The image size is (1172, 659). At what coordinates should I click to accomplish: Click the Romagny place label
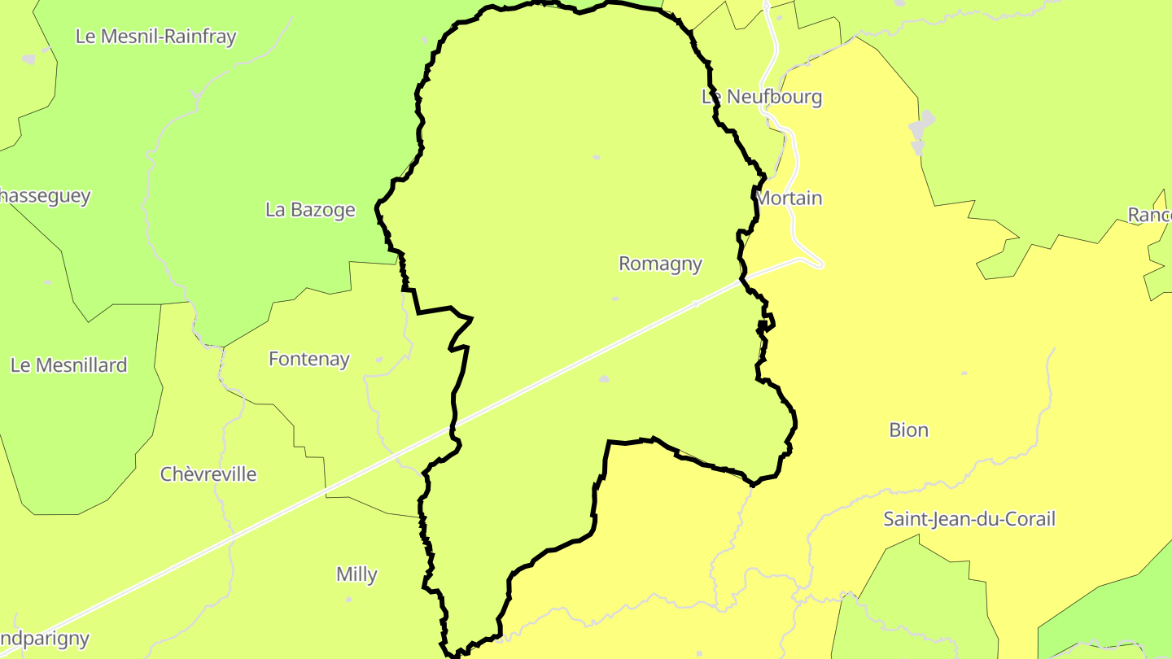[x=660, y=264]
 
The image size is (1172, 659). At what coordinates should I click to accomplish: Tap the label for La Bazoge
[x=310, y=210]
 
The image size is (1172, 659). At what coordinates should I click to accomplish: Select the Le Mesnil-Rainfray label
[x=155, y=37]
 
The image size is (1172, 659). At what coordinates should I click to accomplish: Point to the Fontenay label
[x=309, y=359]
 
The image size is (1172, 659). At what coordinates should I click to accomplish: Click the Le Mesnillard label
[x=69, y=365]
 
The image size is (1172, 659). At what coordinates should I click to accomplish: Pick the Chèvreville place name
[x=208, y=474]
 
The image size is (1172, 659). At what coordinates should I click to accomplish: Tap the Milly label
[x=356, y=574]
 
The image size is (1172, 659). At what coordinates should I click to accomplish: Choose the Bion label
[x=908, y=430]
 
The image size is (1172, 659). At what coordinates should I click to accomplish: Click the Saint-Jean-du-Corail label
[x=969, y=519]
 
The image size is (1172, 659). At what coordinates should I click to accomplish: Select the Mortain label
[x=789, y=199]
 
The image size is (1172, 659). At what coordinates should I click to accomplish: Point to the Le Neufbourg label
[x=762, y=97]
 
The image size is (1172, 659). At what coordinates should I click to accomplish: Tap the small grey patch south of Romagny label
[x=604, y=379]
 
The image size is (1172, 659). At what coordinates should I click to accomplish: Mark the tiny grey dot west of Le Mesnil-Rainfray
[x=29, y=59]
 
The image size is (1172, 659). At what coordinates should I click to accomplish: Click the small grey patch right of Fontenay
[x=378, y=360]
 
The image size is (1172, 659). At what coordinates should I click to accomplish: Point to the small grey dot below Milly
[x=349, y=600]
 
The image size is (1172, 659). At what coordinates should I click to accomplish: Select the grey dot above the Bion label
[x=964, y=373]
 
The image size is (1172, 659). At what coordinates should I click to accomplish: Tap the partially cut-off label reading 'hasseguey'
[x=46, y=196]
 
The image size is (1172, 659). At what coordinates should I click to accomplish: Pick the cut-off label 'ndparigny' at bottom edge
[x=45, y=639]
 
